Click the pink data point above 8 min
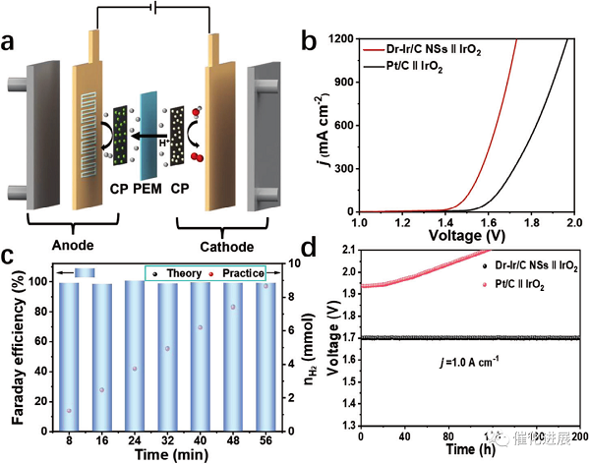[x=69, y=411]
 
